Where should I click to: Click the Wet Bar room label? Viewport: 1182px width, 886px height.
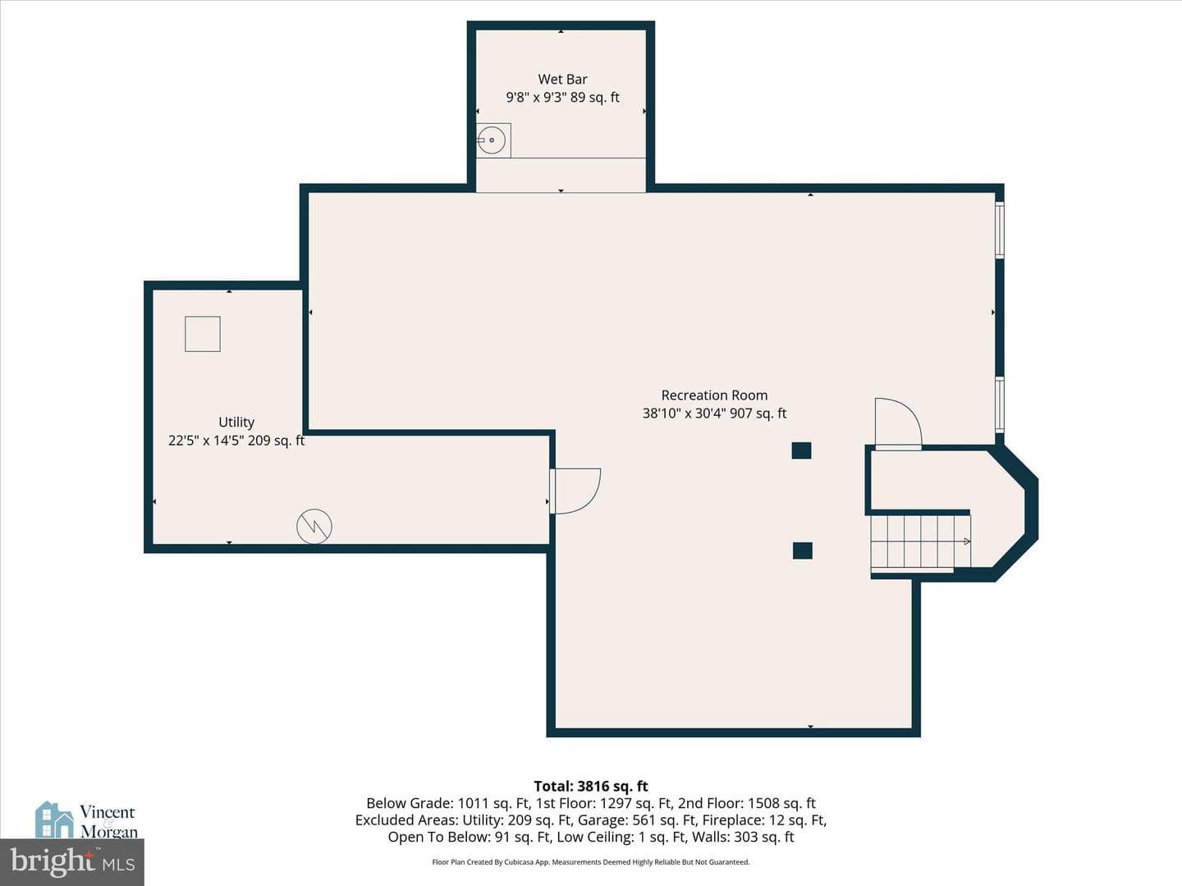click(562, 79)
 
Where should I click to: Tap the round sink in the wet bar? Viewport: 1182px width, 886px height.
click(492, 139)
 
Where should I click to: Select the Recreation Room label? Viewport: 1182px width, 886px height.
click(714, 395)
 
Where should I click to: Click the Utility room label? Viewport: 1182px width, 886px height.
click(236, 422)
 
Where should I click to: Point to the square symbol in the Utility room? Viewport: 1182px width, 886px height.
click(203, 334)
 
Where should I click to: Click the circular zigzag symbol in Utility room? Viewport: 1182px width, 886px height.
click(314, 526)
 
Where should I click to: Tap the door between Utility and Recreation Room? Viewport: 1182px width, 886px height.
click(575, 491)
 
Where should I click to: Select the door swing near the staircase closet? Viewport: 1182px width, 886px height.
click(898, 422)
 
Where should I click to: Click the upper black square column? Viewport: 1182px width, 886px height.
click(801, 451)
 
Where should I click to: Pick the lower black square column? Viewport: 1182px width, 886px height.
click(802, 550)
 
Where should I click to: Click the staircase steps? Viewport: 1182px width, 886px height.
click(920, 541)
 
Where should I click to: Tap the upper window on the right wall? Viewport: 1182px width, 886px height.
click(1000, 230)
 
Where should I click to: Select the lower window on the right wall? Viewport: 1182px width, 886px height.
click(1000, 404)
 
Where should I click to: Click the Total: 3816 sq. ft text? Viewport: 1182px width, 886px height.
click(591, 787)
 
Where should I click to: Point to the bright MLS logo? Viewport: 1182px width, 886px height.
click(72, 861)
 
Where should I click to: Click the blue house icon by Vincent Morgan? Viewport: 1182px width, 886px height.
click(54, 820)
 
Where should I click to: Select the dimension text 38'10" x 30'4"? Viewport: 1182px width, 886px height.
click(684, 413)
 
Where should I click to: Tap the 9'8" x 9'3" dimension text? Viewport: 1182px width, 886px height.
click(535, 98)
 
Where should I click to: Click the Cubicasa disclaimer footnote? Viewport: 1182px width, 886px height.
click(591, 861)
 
